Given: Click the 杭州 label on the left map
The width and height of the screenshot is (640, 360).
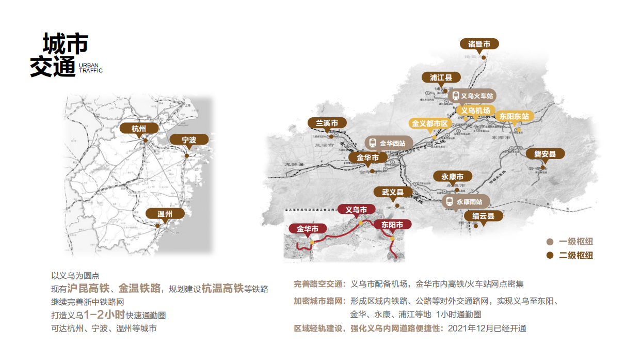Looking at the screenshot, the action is click(x=139, y=129).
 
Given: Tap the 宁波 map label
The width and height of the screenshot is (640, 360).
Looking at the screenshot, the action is click(x=189, y=140).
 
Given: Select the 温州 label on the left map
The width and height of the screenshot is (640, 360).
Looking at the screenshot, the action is click(x=165, y=214).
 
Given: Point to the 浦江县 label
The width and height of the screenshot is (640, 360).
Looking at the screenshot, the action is click(x=441, y=77).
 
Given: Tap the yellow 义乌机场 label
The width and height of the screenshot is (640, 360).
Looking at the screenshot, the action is click(x=475, y=111).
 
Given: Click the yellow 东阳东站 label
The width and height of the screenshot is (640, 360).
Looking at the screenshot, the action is click(x=514, y=116).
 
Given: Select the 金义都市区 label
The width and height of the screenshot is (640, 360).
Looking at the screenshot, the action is click(x=430, y=123).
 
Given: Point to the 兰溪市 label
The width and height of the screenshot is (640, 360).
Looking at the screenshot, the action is click(x=327, y=123).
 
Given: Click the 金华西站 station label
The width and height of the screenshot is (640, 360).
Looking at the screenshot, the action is click(x=388, y=144).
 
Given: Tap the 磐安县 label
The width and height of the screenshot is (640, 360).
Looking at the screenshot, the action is click(x=545, y=154).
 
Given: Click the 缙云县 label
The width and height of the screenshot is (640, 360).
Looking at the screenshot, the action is click(x=484, y=216).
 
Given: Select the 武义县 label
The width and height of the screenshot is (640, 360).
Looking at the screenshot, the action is click(x=393, y=192).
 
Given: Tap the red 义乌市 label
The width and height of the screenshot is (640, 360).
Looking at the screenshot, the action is click(x=356, y=210).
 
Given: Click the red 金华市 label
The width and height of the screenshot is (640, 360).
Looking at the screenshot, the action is click(x=308, y=228).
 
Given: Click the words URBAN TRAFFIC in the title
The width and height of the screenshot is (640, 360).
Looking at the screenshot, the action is click(x=91, y=68).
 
